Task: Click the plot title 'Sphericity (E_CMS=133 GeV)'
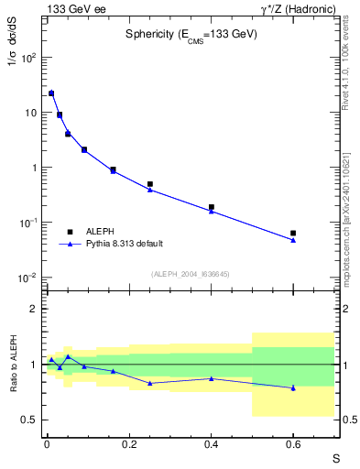coord(191,34)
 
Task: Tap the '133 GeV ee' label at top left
coord(71,8)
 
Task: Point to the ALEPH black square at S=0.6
coord(293,234)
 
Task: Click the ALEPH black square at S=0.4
coord(211,207)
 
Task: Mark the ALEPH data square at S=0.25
coord(149,184)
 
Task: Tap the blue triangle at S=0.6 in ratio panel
coord(293,387)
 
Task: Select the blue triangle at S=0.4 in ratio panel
coord(211,378)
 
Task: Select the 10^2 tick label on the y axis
coord(30,57)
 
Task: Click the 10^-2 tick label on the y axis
coord(29,278)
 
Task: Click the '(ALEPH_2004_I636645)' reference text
coord(190,274)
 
